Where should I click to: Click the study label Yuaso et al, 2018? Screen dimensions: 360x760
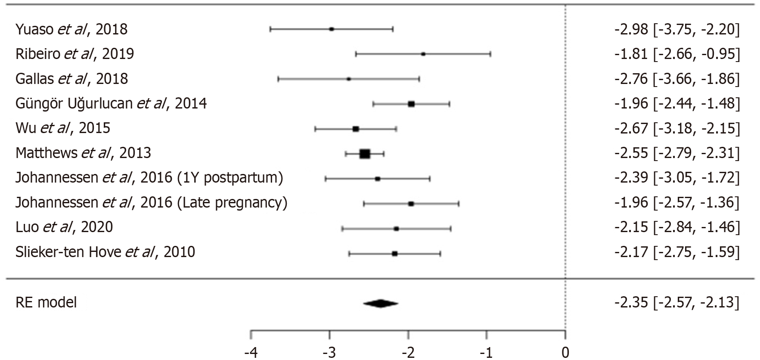[x=71, y=29]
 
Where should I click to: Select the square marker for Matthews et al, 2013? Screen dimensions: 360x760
[x=365, y=154]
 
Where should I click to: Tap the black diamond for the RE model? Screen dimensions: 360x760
[x=381, y=304]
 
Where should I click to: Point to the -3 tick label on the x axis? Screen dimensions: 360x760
[x=329, y=353]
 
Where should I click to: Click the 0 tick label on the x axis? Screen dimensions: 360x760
[x=565, y=353]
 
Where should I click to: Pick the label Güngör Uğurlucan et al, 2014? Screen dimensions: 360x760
[x=111, y=104]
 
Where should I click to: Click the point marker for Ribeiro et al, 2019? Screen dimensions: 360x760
[x=423, y=54]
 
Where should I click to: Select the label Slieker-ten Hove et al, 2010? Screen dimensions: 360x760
[x=105, y=252]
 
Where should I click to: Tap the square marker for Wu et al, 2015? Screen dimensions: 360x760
[x=356, y=129]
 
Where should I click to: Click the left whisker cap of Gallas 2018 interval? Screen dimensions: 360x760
[x=279, y=79]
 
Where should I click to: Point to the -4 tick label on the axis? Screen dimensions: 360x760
[x=251, y=353]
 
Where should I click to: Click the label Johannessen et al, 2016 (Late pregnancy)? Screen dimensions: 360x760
[x=152, y=202]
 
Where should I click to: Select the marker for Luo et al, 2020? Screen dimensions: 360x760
[x=396, y=229]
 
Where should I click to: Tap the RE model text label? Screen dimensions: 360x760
[x=46, y=302]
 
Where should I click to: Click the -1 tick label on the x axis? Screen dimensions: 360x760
[x=487, y=353]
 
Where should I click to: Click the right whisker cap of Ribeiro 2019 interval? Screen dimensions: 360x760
[x=490, y=54]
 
